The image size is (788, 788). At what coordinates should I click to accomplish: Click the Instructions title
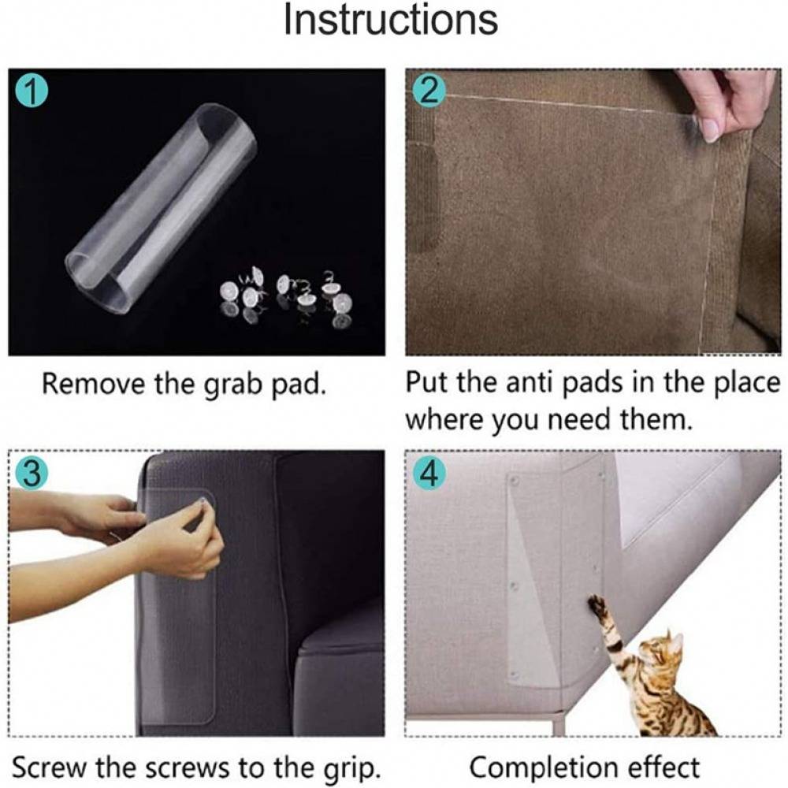pos(391,20)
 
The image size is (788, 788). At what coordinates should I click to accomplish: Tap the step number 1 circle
pos(32,93)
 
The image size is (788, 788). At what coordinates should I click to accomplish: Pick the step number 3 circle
pos(32,474)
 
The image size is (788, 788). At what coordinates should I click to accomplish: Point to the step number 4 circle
pos(429,474)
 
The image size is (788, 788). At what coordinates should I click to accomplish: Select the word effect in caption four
pos(663,768)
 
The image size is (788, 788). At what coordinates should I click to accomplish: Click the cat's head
pos(664,649)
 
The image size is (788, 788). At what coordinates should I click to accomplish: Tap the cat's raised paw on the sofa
pos(597,604)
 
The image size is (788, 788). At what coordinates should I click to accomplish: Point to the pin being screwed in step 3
pos(202,500)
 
